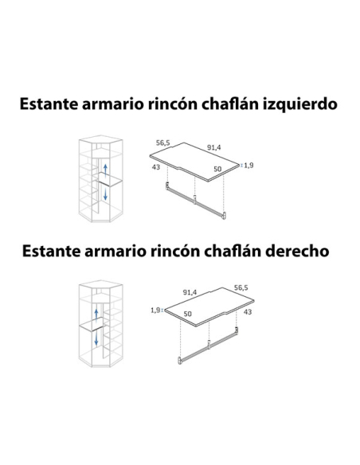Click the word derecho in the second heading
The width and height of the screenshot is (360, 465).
pyautogui.click(x=297, y=251)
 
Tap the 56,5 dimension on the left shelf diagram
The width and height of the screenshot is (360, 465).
pyautogui.click(x=163, y=143)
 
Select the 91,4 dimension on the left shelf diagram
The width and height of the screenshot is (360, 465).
pyautogui.click(x=213, y=147)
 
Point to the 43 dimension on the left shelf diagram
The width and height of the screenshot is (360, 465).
pyautogui.click(x=156, y=167)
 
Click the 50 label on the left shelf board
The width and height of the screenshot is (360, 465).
pyautogui.click(x=217, y=169)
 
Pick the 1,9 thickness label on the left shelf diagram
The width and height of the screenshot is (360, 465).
pyautogui.click(x=248, y=165)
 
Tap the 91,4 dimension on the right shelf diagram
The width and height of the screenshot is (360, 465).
pyautogui.click(x=190, y=292)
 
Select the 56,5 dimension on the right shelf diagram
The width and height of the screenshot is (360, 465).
pyautogui.click(x=241, y=287)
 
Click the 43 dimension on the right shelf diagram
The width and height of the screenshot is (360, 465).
pyautogui.click(x=248, y=312)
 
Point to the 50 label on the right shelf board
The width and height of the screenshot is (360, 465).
pyautogui.click(x=187, y=314)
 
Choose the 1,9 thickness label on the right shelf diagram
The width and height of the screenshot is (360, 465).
pyautogui.click(x=155, y=311)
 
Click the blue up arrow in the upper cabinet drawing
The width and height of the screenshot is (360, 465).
pyautogui.click(x=105, y=170)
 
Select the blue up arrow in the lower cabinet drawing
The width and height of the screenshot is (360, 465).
pyautogui.click(x=96, y=315)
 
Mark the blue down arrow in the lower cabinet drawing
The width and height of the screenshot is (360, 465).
pyautogui.click(x=96, y=339)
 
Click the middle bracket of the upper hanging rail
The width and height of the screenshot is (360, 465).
pyautogui.click(x=194, y=200)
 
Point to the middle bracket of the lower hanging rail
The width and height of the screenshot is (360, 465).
pyautogui.click(x=209, y=345)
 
